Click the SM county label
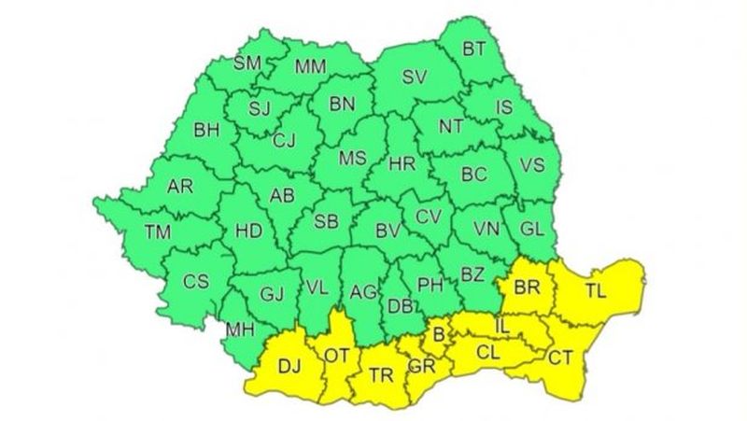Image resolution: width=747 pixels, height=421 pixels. pyautogui.click(x=247, y=63)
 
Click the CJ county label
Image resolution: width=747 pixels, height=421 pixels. pyautogui.click(x=285, y=141)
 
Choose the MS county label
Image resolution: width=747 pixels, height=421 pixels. pyautogui.click(x=352, y=159)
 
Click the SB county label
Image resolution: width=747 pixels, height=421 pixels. pyautogui.click(x=326, y=221)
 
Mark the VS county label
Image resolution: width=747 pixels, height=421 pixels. pyautogui.click(x=531, y=165)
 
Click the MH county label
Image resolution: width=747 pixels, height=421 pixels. pyautogui.click(x=241, y=329)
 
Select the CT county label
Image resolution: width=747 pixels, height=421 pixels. pyautogui.click(x=561, y=356)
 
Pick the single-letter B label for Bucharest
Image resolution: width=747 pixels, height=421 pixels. pyautogui.click(x=436, y=333)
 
